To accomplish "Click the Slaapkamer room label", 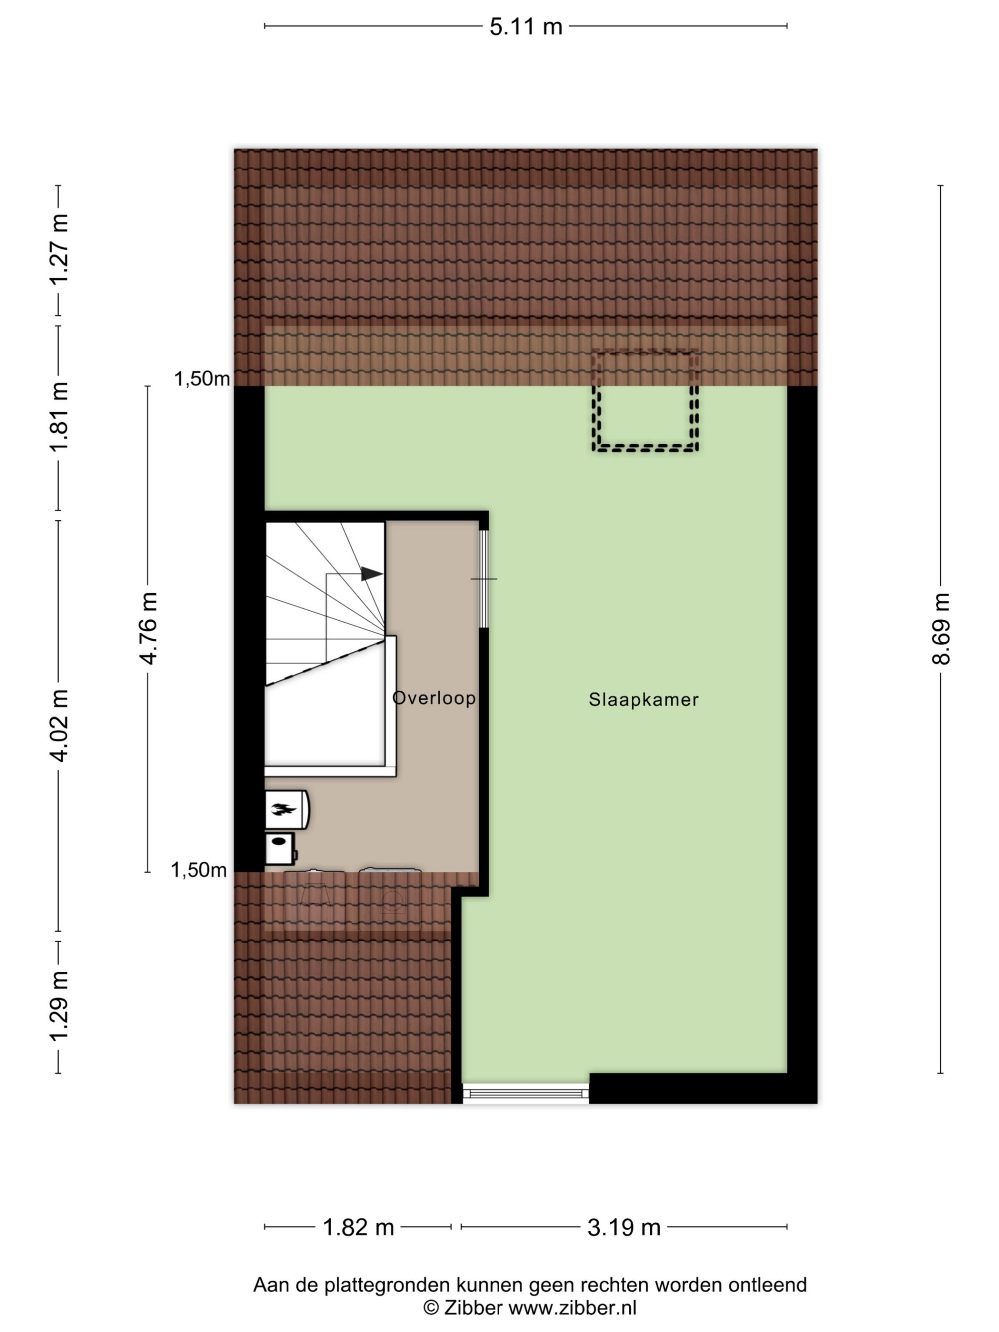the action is [x=643, y=700].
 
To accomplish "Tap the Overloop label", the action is [x=434, y=698].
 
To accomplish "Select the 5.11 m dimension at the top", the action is [x=525, y=27].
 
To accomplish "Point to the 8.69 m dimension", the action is [x=940, y=629].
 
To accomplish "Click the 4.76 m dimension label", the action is [x=148, y=629].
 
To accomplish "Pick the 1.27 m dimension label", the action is [x=59, y=249].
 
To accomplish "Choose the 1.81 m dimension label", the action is [x=59, y=417].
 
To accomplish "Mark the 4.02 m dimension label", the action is [x=59, y=726].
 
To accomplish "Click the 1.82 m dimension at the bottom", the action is [x=358, y=1227].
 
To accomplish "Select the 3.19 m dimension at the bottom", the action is [x=624, y=1227].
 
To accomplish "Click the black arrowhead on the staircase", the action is [x=372, y=574].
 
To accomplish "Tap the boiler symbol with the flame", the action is [x=287, y=809].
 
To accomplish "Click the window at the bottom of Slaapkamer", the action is [x=525, y=1093].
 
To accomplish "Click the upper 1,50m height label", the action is [x=202, y=379].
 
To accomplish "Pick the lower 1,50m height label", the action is [x=199, y=870].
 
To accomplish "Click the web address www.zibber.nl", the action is [x=572, y=1308].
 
